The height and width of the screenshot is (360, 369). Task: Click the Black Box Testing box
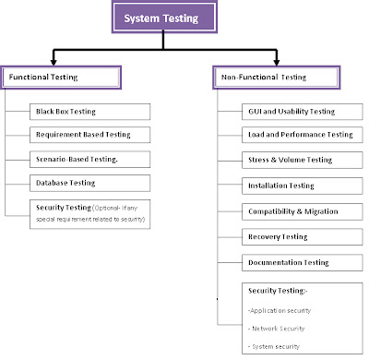pos(89,112)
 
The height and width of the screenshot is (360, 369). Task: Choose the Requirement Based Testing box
pos(89,135)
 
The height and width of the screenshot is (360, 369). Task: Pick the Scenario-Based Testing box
pos(89,159)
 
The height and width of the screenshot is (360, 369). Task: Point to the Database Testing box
pos(89,183)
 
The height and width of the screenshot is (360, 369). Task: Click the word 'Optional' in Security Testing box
pos(113,208)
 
